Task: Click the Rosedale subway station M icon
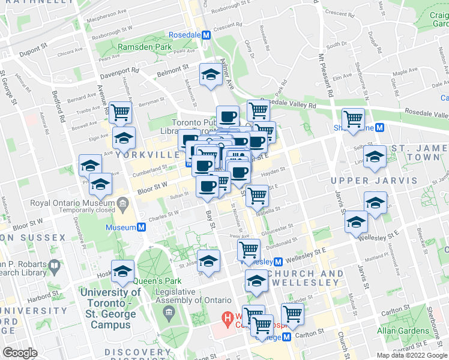tap(206, 35)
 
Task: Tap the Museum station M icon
tap(141, 228)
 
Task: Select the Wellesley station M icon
tap(278, 262)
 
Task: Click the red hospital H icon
tap(228, 316)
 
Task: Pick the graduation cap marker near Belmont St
tap(210, 75)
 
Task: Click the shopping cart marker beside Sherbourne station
tap(353, 118)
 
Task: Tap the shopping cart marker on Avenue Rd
tap(121, 111)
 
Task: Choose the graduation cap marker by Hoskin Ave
tap(122, 271)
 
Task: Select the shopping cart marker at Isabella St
tap(257, 194)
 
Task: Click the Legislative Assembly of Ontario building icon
tap(169, 312)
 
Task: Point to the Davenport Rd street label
tap(119, 73)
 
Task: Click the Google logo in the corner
tap(19, 353)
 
